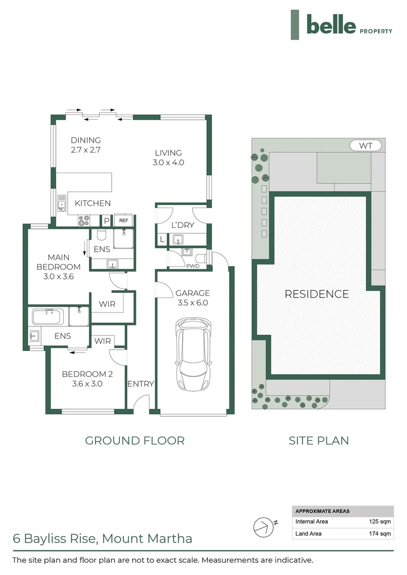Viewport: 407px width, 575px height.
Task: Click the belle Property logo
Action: pos(341,25)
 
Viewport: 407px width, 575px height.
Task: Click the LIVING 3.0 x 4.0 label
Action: pos(168,158)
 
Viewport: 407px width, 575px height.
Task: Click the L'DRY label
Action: pos(183,225)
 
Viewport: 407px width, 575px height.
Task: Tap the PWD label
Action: pos(192,265)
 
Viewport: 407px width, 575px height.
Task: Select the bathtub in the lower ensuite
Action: pos(48,317)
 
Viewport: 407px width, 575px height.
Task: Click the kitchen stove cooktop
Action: pos(85,220)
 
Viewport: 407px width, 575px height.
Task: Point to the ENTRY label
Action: pos(141,384)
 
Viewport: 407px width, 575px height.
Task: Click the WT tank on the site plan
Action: pos(366,145)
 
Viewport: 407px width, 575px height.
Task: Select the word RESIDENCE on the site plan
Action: pos(316,294)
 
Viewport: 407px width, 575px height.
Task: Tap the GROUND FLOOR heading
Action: pos(135,440)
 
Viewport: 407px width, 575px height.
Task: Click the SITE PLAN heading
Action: pos(319,440)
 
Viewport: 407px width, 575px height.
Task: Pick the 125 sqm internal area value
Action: pos(380,522)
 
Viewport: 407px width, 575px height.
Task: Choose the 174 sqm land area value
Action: pos(380,533)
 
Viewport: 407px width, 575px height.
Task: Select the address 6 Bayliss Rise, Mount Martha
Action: pos(102,538)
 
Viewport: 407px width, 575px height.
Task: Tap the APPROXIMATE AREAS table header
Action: pos(322,511)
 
